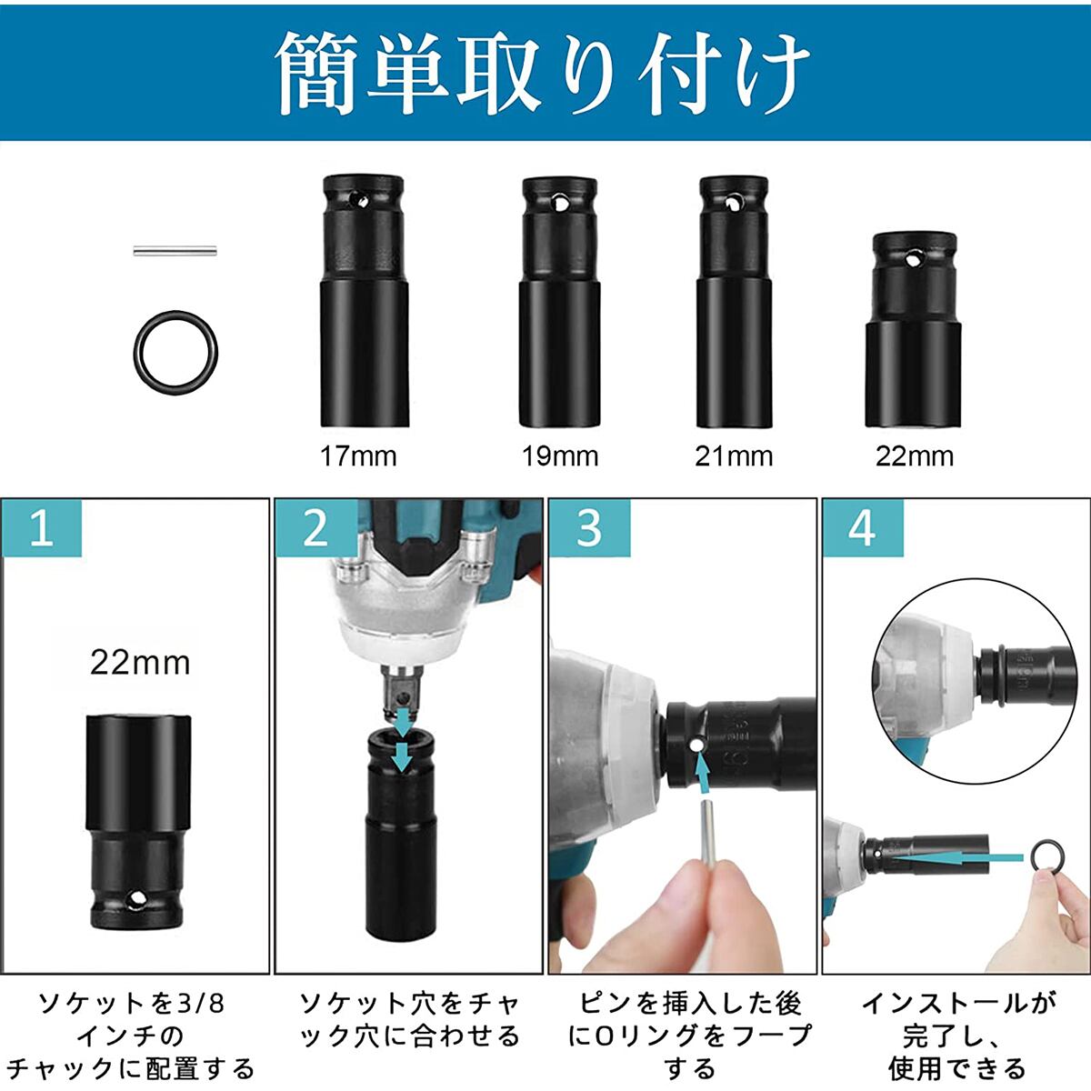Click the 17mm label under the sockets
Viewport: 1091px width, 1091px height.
pos(358,456)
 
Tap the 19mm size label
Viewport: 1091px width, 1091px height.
pos(560,456)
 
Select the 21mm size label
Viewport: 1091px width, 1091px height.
pos(734,456)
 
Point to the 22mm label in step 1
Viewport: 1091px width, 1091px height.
pos(140,663)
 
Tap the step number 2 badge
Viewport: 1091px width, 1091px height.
pos(315,528)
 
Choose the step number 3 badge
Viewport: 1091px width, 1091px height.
pos(589,528)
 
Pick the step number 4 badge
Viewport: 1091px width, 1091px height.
pos(863,528)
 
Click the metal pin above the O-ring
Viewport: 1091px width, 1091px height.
pos(175,250)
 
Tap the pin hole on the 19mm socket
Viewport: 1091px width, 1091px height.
pos(559,200)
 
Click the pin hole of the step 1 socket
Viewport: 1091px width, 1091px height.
pos(136,899)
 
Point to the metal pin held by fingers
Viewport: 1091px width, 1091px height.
pos(707,836)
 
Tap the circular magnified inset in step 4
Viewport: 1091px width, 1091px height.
pos(974,681)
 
